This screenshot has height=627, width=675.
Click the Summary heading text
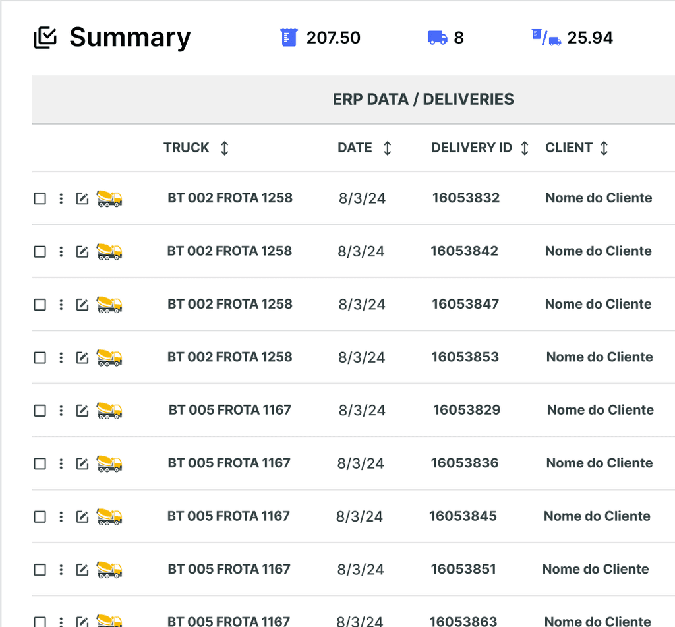coord(130,38)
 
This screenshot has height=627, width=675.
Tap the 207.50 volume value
coord(333,38)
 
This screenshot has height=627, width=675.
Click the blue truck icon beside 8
coord(438,38)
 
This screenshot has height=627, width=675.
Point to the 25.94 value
coord(590,38)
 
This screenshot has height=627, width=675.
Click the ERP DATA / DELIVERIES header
coord(423,100)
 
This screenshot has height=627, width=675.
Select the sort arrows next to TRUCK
coord(225,148)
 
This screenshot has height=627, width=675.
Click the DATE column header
coord(355,148)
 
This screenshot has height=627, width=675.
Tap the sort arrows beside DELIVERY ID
coord(525,148)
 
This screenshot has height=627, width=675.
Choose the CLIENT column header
coord(569,148)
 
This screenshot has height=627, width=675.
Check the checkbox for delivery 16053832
coord(40,198)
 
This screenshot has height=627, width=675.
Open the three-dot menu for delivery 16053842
coord(61,251)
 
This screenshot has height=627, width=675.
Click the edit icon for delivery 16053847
coord(82,305)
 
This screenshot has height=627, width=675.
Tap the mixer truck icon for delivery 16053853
coord(109,357)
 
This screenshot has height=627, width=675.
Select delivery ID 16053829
coord(467,410)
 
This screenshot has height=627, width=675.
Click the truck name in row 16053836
coord(229,463)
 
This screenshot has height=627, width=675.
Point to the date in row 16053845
coord(359,516)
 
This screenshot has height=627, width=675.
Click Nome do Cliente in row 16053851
coord(595,569)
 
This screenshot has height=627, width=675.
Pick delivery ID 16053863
coord(463,620)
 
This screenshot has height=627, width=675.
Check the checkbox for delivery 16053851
coord(40,570)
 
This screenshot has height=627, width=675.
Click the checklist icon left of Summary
coord(45,38)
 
